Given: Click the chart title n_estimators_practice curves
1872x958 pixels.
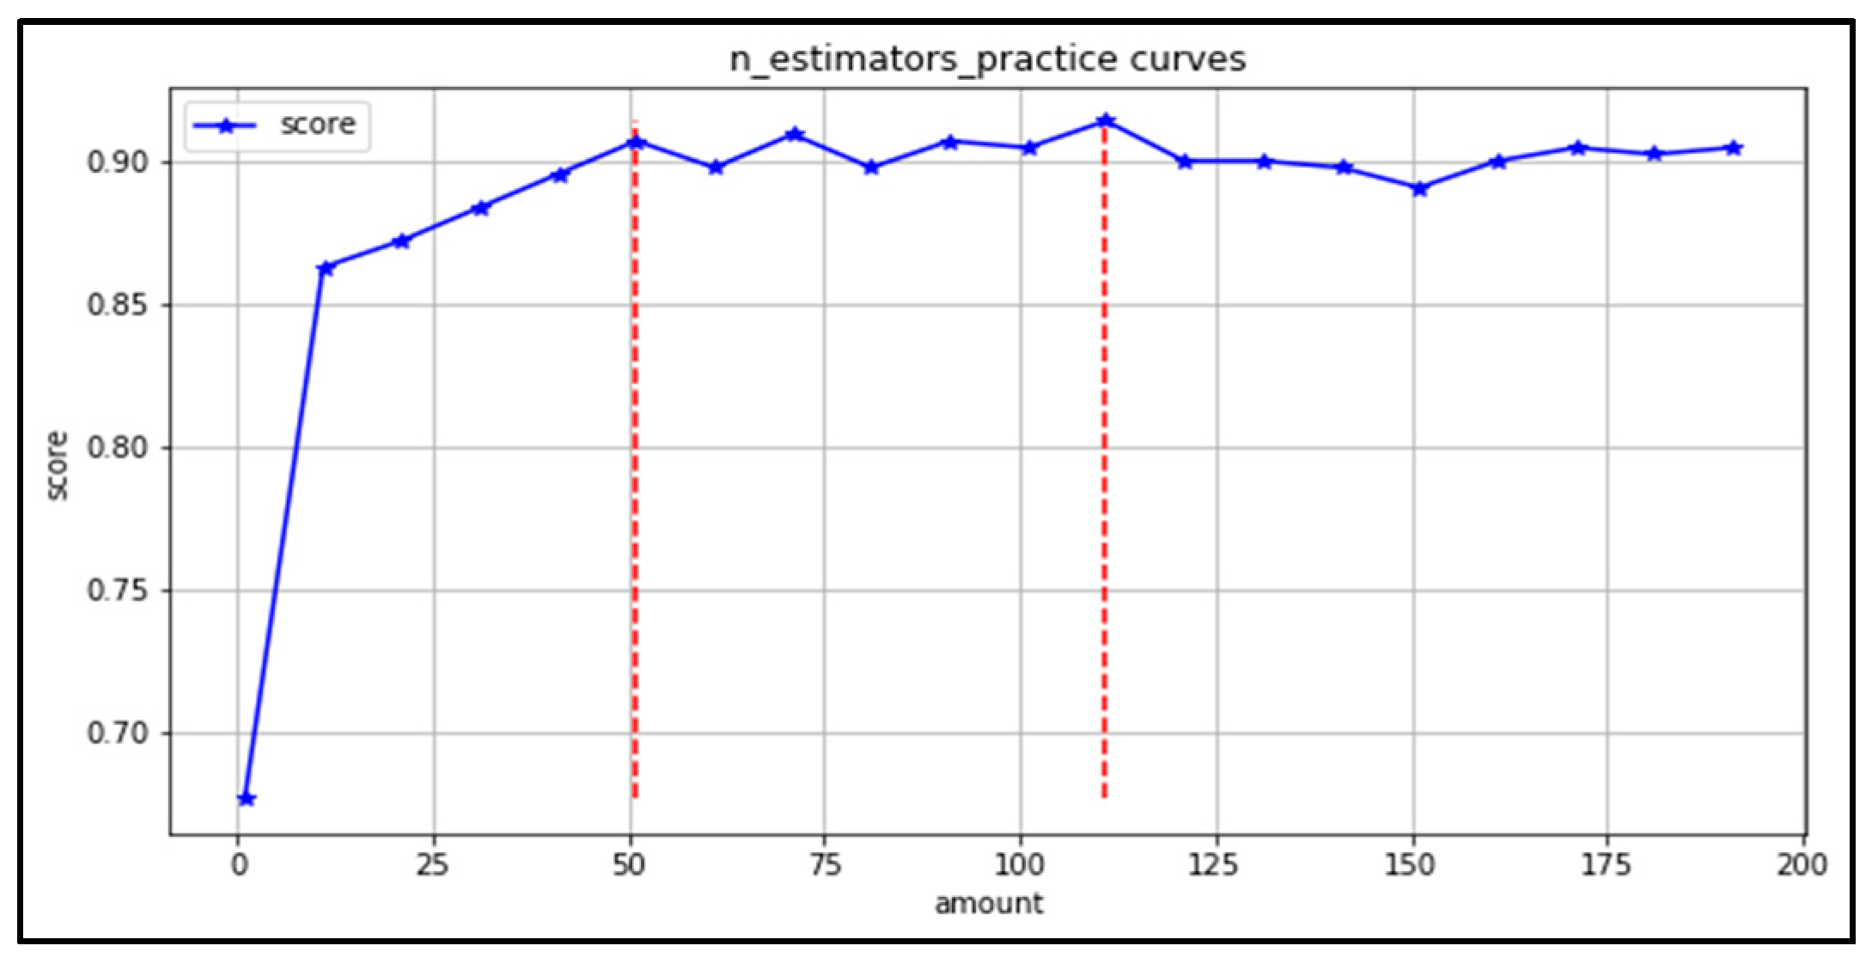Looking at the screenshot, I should pos(987,59).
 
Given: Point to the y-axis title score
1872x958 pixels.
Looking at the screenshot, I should pos(57,465).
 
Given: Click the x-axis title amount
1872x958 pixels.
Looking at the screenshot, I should pos(988,904).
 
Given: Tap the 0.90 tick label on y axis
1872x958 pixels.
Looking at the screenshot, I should pos(118,162).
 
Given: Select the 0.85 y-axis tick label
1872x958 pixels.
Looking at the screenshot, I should pos(118,305).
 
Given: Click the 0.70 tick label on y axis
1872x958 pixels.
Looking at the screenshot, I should pos(118,734).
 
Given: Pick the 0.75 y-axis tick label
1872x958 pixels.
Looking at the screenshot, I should pos(118,591).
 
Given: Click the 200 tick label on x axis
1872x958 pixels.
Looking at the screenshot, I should pos(1802,865).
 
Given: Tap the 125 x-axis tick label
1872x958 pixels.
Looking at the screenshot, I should pos(1214,865).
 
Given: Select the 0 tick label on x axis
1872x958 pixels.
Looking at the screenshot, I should pos(239,865).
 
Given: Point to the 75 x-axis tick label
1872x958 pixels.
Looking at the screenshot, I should pos(824,865).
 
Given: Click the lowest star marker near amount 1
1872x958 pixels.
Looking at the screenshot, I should pos(247,799).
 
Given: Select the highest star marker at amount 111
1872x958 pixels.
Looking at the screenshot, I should pos(1106,121).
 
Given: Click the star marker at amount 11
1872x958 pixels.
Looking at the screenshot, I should pos(325,269).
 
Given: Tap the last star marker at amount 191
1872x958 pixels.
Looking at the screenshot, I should pos(1733,148).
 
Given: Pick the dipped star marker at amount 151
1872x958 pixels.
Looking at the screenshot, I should pos(1419,188).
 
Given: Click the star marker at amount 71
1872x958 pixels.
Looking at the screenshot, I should pos(794,135).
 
